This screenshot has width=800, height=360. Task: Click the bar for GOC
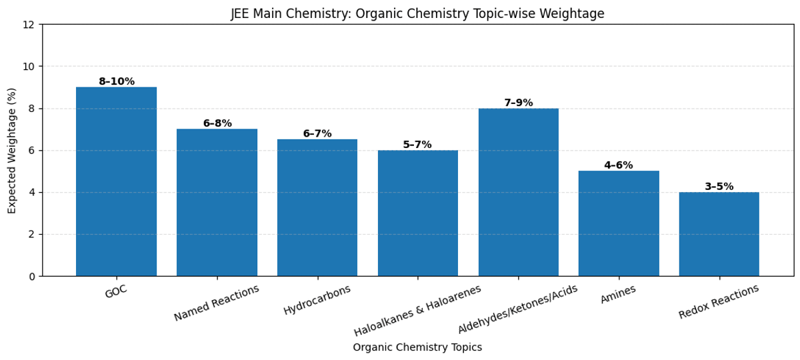click(x=117, y=181)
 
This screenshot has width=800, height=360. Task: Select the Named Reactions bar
click(x=217, y=203)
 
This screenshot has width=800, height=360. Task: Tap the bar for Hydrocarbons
click(x=317, y=207)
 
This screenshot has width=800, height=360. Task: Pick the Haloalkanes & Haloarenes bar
click(x=418, y=213)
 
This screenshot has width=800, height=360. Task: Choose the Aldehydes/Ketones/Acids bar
click(x=519, y=192)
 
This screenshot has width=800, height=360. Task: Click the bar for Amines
click(x=619, y=223)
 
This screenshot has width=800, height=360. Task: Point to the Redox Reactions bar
click(x=719, y=234)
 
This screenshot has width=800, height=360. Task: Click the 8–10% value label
click(x=117, y=82)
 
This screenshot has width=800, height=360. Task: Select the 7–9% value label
click(x=519, y=103)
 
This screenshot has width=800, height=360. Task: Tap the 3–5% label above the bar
click(x=719, y=187)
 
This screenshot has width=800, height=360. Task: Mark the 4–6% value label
click(x=619, y=165)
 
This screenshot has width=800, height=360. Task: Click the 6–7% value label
click(x=317, y=134)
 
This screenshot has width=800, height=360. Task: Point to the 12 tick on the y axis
click(x=29, y=25)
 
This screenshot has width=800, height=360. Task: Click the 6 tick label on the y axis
click(x=32, y=151)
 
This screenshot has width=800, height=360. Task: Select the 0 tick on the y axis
click(x=32, y=276)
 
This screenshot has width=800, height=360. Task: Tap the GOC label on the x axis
click(x=116, y=291)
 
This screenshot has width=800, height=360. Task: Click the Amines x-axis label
click(x=618, y=294)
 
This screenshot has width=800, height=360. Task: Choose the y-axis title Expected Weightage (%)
click(x=12, y=151)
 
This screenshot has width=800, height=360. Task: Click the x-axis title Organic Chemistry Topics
click(x=417, y=347)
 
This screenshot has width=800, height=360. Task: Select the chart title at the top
click(x=417, y=14)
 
